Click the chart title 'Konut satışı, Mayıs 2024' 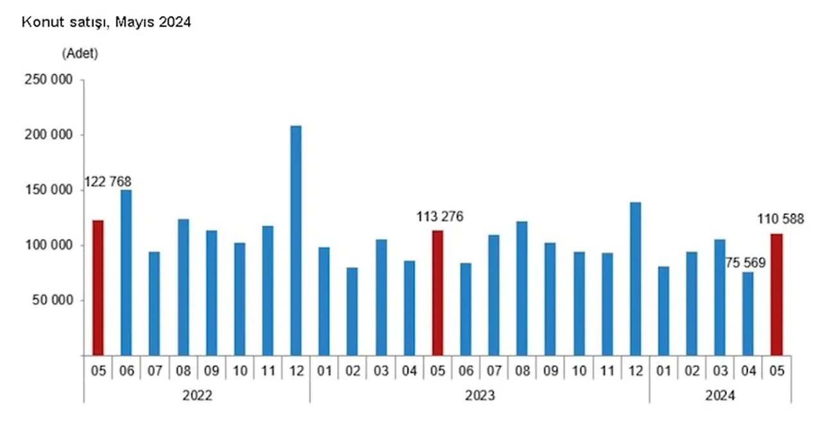click(106, 22)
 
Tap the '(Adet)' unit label click(80, 55)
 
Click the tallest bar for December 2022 click(295, 241)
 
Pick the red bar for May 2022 click(98, 288)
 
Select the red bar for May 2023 click(437, 293)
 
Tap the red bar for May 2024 click(776, 294)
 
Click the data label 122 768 click(106, 182)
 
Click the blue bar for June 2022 click(126, 273)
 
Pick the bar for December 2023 click(635, 279)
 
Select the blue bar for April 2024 click(748, 313)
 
